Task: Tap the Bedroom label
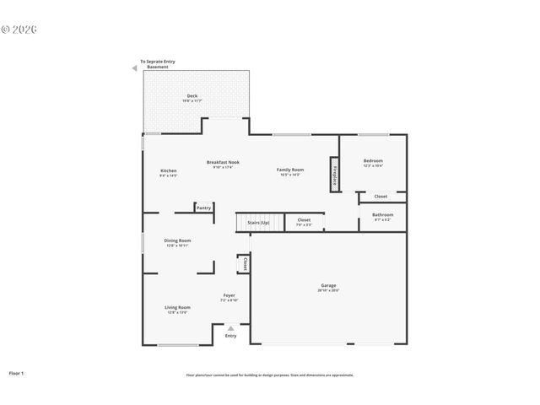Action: point(373,160)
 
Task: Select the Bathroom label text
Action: point(382,214)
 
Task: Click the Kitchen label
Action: point(169,171)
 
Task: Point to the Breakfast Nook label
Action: point(224,162)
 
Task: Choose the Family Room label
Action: point(290,170)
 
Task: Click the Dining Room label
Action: point(177,240)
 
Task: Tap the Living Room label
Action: point(177,307)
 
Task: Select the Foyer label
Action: point(229,294)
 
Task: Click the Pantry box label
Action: point(203,208)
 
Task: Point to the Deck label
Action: point(192,96)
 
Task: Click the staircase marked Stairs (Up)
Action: point(252,223)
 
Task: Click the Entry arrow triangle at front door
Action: point(231,327)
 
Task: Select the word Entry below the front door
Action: point(231,336)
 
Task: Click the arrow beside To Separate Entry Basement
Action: point(134,68)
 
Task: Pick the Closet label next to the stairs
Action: point(304,220)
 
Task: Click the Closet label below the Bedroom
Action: point(381,197)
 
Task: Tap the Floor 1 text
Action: point(17,372)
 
